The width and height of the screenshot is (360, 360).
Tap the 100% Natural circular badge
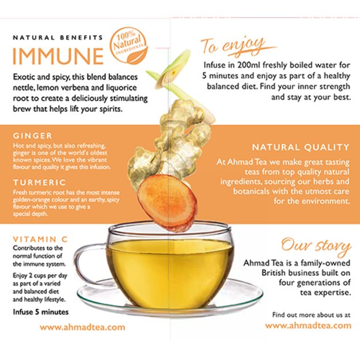(x=130, y=44)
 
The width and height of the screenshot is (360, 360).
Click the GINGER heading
(x=32, y=136)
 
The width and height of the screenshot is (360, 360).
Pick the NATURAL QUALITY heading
(x=300, y=147)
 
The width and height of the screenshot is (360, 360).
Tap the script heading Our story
(x=316, y=246)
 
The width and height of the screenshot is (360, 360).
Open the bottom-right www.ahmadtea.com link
(x=308, y=325)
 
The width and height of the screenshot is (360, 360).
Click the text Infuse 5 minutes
(x=40, y=312)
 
